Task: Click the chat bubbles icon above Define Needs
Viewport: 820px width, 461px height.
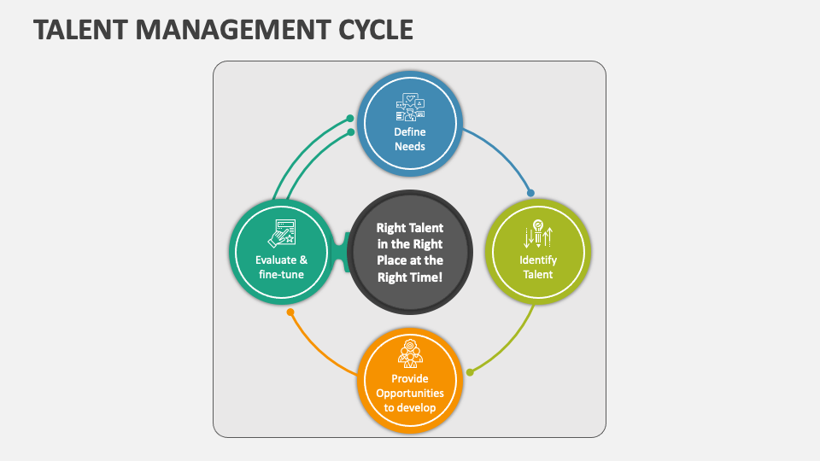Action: click(410, 108)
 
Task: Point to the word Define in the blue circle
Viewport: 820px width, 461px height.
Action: click(410, 132)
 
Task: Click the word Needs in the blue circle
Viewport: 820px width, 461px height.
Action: click(410, 146)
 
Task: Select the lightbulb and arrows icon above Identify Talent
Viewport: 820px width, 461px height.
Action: click(538, 235)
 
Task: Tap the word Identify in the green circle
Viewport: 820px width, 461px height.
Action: click(538, 260)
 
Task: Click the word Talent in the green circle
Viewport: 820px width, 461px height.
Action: click(538, 274)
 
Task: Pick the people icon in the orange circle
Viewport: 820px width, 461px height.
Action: click(410, 353)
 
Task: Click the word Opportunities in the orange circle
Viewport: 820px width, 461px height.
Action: click(410, 393)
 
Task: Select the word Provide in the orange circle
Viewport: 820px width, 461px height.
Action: click(410, 378)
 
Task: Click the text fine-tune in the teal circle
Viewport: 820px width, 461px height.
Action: click(282, 274)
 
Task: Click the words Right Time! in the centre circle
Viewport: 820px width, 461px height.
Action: click(410, 277)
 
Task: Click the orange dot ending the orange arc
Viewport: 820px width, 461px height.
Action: click(290, 312)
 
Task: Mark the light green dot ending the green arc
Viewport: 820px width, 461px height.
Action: click(470, 371)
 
